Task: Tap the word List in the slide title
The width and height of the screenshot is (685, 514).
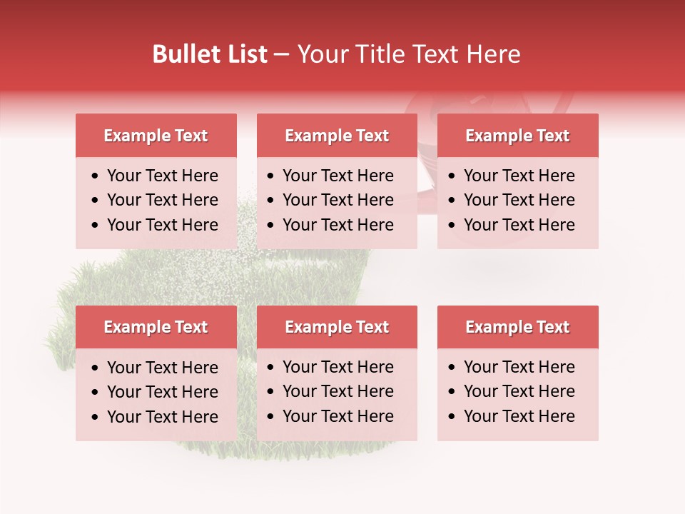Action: tap(246, 54)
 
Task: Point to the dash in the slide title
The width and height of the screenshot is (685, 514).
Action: tap(281, 55)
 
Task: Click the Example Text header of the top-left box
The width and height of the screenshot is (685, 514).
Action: tap(156, 136)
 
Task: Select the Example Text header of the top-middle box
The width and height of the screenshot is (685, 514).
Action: tap(337, 136)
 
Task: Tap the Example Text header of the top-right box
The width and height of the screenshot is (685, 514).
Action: tap(517, 136)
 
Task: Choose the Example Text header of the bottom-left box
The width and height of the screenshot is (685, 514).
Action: tap(156, 327)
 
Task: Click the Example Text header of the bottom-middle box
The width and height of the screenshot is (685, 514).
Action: tap(337, 327)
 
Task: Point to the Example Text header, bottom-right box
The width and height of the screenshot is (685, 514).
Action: tap(517, 327)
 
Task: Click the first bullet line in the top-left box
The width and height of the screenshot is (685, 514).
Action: tap(162, 176)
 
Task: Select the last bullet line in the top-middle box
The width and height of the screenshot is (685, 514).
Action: tap(338, 225)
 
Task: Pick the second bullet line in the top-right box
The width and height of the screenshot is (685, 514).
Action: tap(519, 200)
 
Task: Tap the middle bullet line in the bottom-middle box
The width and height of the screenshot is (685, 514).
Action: tap(338, 391)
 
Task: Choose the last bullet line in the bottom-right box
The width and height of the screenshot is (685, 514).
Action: tap(519, 416)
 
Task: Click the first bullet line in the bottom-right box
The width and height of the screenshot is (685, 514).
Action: tap(519, 367)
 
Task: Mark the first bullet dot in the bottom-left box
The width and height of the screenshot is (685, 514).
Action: tap(96, 368)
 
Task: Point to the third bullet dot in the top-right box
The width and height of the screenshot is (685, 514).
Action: tap(452, 226)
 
